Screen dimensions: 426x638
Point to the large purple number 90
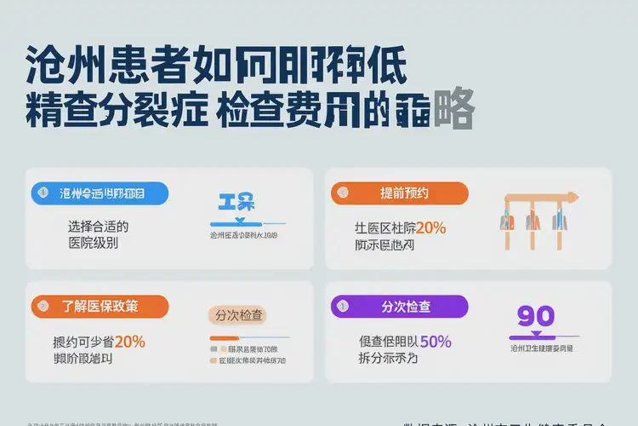536,316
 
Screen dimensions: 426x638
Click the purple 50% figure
435,341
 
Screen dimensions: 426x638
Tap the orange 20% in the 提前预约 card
430,227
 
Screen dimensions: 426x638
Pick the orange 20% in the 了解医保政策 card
129,341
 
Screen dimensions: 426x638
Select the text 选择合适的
98,227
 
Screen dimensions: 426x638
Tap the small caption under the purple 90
541,348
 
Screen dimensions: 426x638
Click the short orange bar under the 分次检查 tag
223,338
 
